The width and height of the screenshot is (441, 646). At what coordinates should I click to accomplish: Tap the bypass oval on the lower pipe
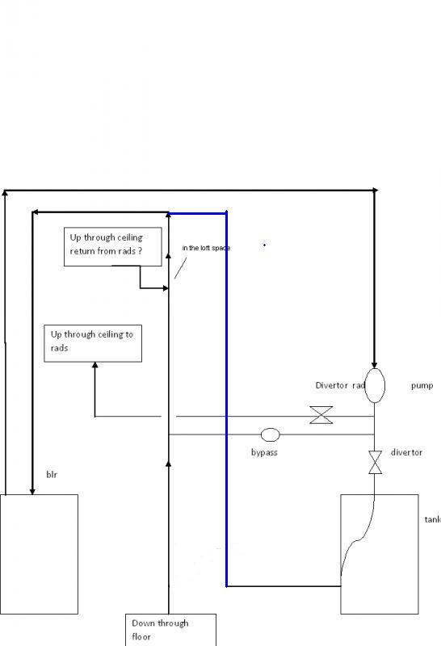(270, 434)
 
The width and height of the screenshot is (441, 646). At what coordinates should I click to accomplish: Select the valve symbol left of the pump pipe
(321, 417)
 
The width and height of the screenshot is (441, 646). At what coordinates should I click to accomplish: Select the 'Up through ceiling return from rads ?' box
(112, 247)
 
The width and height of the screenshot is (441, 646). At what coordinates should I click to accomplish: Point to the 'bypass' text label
(264, 452)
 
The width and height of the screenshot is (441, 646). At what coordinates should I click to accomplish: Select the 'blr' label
(52, 476)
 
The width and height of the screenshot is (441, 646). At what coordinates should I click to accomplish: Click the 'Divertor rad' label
(341, 386)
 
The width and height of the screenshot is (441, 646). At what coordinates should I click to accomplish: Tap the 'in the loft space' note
(206, 247)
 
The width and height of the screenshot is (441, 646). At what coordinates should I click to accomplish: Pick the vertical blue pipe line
(226, 404)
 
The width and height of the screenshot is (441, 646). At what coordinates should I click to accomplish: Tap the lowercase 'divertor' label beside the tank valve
(406, 453)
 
